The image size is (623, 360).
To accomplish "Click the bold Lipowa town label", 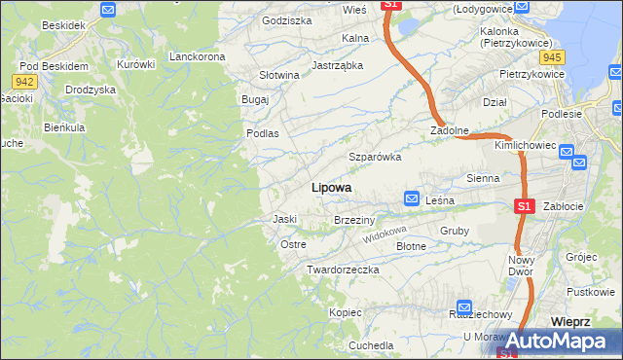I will tap(331, 187).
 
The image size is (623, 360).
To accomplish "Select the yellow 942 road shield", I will tap(25, 81).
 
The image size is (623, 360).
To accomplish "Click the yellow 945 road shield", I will tap(556, 56).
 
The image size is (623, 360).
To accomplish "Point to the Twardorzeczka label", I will tap(342, 269).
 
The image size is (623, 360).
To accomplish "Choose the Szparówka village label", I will tap(376, 157).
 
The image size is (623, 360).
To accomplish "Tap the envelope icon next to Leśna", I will tap(412, 198).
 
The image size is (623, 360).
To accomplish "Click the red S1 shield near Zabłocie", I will tap(524, 206).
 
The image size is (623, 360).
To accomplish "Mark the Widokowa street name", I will tap(384, 235).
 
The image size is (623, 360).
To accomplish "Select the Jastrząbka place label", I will tap(337, 66).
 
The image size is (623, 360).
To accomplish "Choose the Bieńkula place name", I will tap(65, 127).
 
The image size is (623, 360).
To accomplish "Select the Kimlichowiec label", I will tap(525, 145).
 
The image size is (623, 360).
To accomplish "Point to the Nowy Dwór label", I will tap(522, 266).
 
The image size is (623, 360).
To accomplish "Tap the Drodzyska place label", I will tap(91, 90).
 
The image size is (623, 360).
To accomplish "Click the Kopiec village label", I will tap(346, 312).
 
